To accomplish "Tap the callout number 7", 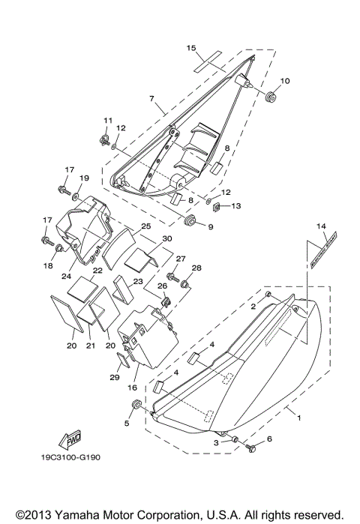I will [151, 97].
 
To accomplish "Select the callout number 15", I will [191, 47].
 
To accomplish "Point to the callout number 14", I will [321, 226].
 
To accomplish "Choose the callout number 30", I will [166, 238].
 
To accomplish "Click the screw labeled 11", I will [105, 138].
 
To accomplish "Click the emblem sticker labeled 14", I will [320, 251].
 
